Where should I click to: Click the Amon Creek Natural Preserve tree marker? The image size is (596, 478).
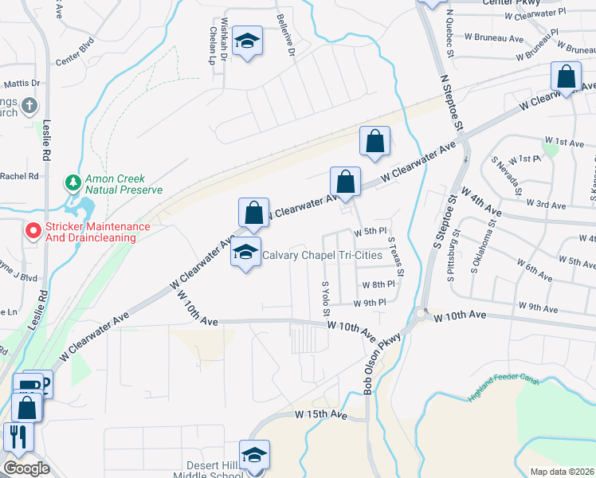[x=73, y=183]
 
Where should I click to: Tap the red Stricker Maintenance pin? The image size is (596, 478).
[x=33, y=231]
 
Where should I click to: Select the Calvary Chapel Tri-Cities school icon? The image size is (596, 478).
[x=246, y=254]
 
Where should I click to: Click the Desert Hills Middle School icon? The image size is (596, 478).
[x=255, y=455]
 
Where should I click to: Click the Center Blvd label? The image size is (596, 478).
[x=75, y=60]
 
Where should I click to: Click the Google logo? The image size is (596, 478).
[x=26, y=468]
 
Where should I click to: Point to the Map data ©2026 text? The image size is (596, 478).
[x=562, y=472]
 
